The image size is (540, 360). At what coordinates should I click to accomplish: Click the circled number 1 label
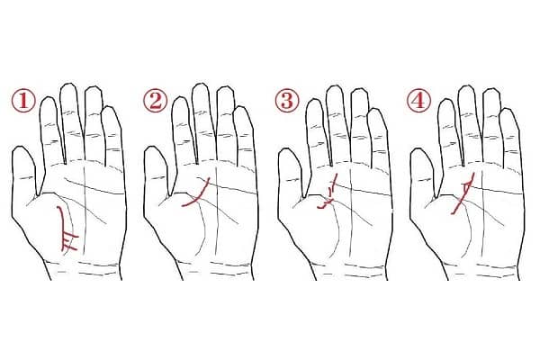[23, 100]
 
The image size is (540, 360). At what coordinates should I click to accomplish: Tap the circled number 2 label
[156, 100]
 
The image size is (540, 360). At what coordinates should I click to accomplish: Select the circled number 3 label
[287, 100]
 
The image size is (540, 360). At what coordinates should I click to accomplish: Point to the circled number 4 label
[419, 100]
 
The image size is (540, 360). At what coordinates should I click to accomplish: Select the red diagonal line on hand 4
[463, 194]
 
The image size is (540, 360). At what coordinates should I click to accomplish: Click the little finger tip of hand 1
[110, 107]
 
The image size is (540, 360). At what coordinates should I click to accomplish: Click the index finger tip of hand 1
[48, 98]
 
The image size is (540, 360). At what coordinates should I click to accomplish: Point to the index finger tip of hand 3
[314, 100]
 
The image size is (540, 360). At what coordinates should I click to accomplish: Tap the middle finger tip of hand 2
[201, 85]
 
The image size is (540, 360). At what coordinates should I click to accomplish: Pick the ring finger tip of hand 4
[490, 89]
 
